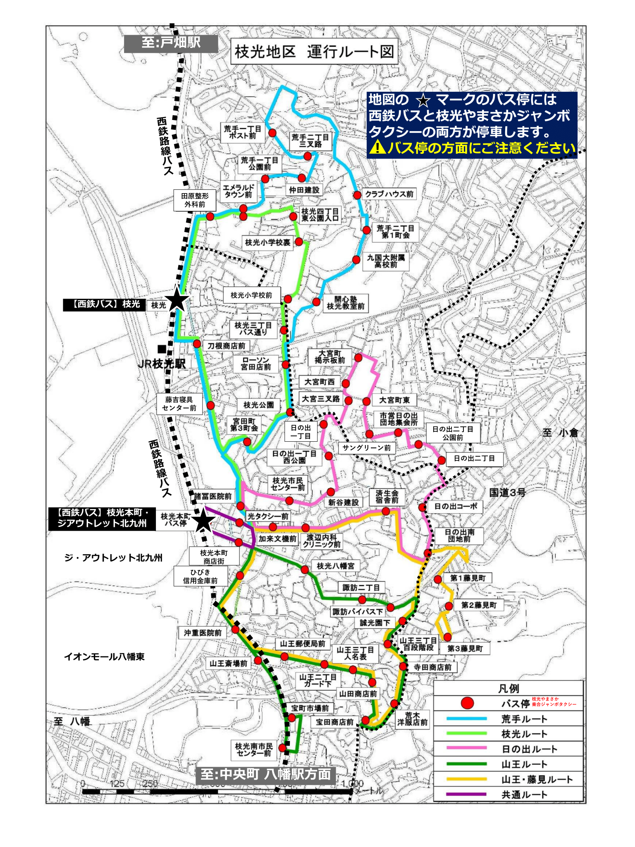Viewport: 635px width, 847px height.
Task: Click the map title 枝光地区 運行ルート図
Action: point(314,52)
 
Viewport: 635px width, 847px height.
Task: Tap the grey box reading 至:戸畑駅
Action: point(171,43)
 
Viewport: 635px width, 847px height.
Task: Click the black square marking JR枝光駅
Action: point(162,349)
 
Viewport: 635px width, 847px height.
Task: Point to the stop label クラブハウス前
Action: point(389,194)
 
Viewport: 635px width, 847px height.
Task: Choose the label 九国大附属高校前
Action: point(386,261)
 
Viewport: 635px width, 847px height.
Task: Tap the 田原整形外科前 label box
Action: point(195,200)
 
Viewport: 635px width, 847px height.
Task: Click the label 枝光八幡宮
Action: point(335,566)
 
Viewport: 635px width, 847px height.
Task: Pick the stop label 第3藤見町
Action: point(465,648)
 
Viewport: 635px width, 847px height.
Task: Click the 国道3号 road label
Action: point(507,492)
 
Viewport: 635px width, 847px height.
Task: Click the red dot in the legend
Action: point(467,703)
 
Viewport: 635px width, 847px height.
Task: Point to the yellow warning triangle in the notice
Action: point(377,147)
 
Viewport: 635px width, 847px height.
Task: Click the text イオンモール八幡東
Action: point(104,657)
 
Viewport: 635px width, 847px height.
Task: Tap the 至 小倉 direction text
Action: point(560,433)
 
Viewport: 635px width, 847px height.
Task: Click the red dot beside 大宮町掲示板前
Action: point(358,357)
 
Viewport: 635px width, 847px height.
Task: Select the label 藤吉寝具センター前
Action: point(179,404)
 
